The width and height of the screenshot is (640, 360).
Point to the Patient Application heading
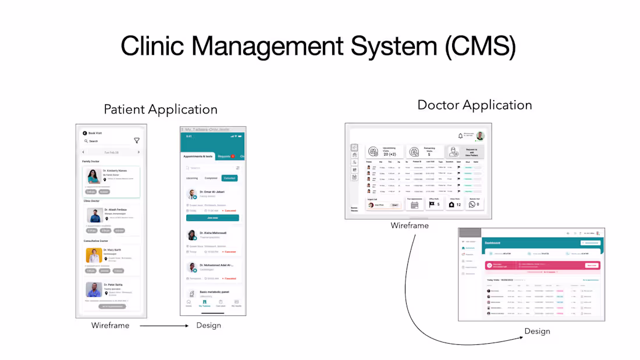(x=161, y=109)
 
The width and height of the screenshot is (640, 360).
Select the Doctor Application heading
(x=475, y=105)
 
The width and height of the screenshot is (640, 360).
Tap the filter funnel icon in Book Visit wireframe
(x=137, y=141)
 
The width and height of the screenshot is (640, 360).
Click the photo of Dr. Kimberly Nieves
(x=94, y=176)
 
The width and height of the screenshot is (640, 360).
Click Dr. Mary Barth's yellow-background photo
(x=94, y=255)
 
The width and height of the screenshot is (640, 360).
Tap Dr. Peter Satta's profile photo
(x=94, y=290)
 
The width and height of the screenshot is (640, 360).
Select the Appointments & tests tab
(x=197, y=156)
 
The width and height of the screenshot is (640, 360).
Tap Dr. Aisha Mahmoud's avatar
(x=191, y=235)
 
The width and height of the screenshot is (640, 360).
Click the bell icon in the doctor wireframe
(x=460, y=136)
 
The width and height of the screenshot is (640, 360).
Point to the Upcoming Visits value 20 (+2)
(x=389, y=154)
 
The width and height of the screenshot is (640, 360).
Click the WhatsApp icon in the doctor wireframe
(x=472, y=204)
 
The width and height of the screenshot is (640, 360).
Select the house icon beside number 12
(x=451, y=204)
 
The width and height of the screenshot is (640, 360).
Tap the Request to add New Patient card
(x=465, y=152)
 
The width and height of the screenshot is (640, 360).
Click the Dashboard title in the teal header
(x=493, y=243)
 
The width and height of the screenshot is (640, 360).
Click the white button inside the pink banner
(x=591, y=265)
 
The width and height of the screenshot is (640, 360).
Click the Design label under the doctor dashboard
(x=537, y=332)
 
